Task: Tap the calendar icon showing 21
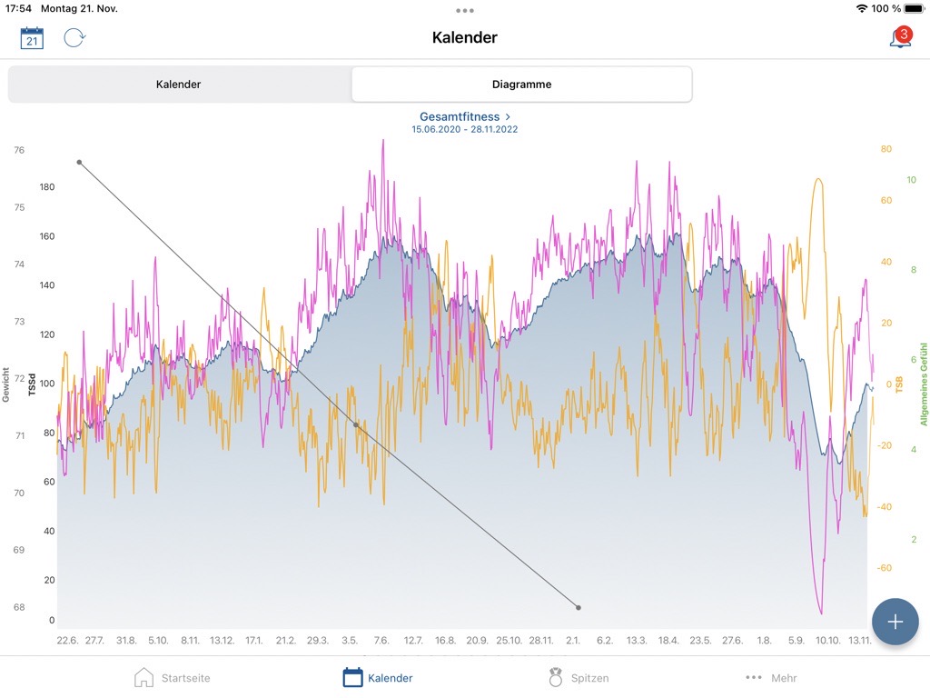click(x=32, y=38)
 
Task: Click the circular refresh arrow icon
click(x=74, y=38)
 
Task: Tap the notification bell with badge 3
click(x=899, y=38)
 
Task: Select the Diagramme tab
click(x=521, y=85)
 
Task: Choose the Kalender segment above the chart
click(x=179, y=85)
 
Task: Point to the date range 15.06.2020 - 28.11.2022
click(x=465, y=130)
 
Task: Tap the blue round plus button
click(x=895, y=622)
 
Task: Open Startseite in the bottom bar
click(x=173, y=678)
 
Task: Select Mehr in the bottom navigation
click(x=771, y=678)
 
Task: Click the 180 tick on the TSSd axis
click(x=45, y=187)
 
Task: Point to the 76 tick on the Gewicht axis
click(x=19, y=151)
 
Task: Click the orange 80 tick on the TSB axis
click(x=885, y=149)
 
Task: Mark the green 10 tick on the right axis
click(x=911, y=180)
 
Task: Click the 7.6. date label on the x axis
click(x=381, y=641)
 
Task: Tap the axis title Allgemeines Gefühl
click(x=924, y=384)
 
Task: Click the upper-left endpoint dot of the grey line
click(x=80, y=163)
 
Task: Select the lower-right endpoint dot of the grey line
click(x=579, y=607)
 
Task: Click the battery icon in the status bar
click(x=913, y=8)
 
